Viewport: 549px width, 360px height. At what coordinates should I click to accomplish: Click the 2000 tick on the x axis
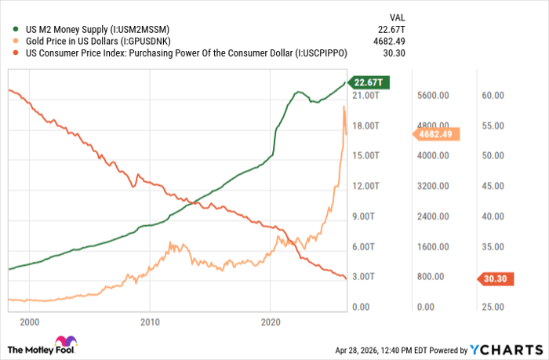click(x=29, y=322)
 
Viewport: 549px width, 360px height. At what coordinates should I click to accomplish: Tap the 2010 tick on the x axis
click(x=150, y=322)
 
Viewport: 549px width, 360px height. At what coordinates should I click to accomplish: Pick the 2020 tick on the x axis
click(x=271, y=322)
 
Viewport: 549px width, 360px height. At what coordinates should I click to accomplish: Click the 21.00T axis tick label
click(x=366, y=95)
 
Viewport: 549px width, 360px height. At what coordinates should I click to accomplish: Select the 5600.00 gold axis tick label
click(x=433, y=95)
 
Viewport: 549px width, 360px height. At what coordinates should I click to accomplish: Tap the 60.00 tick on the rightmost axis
click(x=492, y=95)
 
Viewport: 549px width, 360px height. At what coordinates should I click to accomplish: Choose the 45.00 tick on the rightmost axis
click(x=492, y=186)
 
